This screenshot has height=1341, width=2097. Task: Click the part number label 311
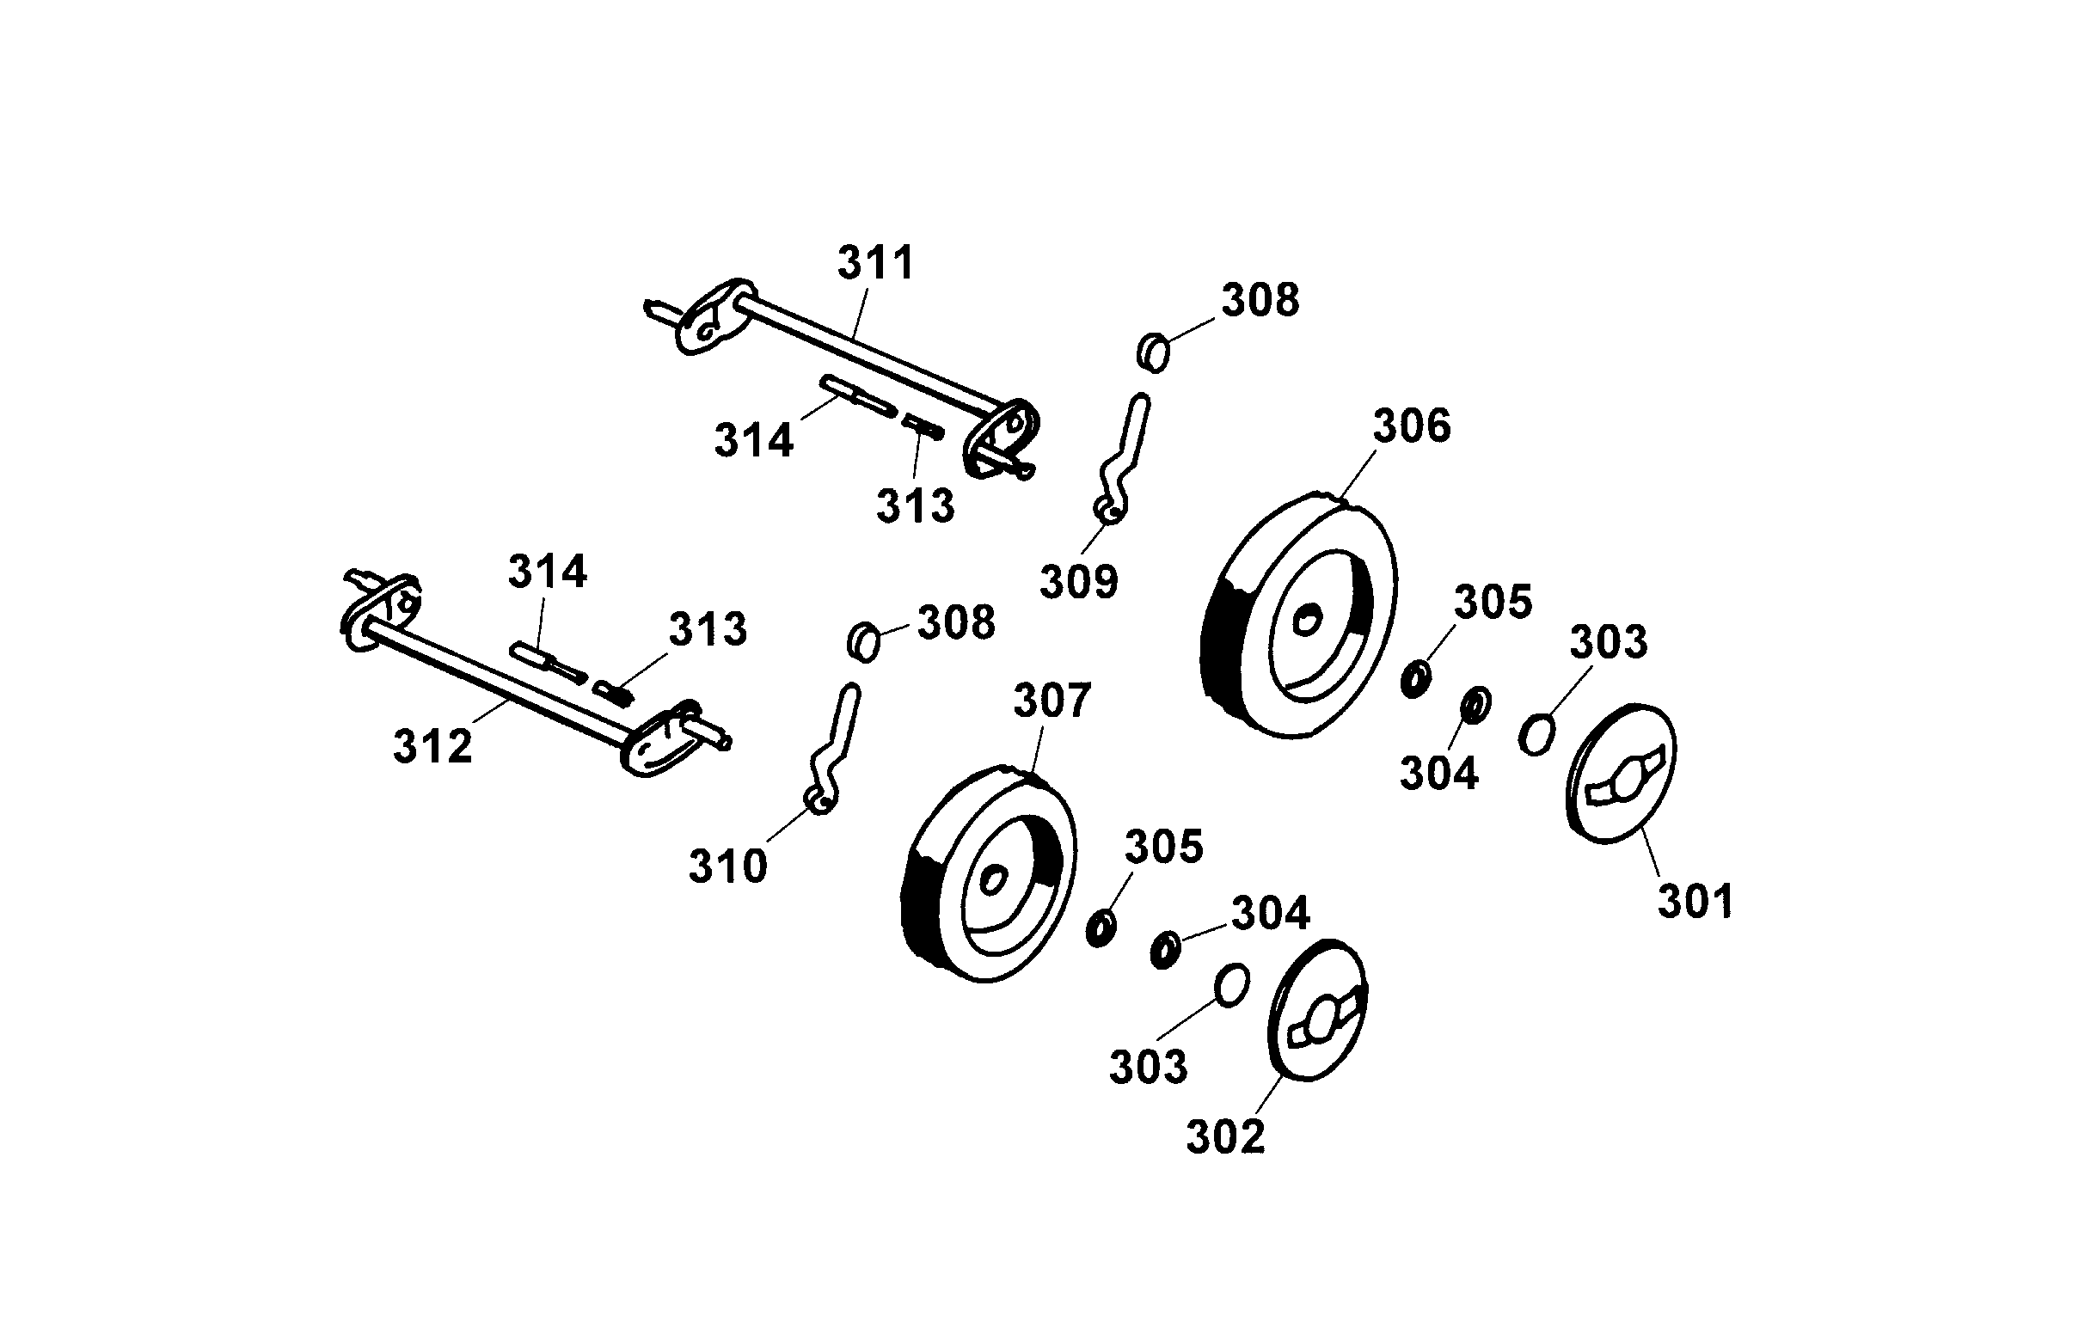[x=876, y=263]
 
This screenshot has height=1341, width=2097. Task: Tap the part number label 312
[x=432, y=746]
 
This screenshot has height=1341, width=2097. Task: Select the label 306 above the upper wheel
[x=1412, y=426]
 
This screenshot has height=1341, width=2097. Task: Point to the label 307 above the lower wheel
[x=1052, y=701]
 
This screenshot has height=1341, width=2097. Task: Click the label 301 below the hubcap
[x=1695, y=902]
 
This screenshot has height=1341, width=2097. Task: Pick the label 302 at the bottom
[x=1225, y=1137]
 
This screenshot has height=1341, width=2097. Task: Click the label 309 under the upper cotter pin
[x=1079, y=582]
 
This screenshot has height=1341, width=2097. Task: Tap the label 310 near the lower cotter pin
[x=728, y=866]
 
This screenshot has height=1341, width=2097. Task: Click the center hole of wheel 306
[x=1305, y=622]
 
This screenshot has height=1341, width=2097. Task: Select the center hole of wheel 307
[x=992, y=880]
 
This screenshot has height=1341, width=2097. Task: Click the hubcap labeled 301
[x=1622, y=774]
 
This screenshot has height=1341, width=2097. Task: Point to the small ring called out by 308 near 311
[x=1154, y=352]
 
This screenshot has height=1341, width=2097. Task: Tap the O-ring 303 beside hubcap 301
[x=1536, y=735]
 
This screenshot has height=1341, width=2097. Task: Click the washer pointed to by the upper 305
[x=1415, y=678]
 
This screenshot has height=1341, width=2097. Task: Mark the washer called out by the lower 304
[x=1165, y=949]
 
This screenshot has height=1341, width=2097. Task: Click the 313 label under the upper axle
[x=916, y=506]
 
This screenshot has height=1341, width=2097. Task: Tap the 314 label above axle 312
[x=548, y=573]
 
